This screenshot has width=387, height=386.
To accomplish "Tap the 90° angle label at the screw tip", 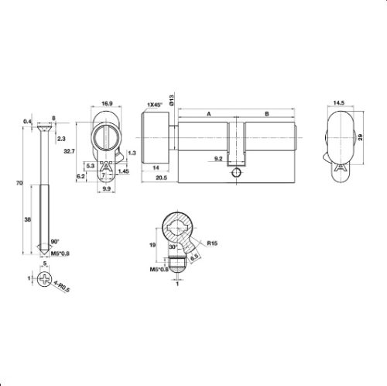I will tap(55, 242).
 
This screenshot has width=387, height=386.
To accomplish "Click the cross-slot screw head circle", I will tap(43, 277).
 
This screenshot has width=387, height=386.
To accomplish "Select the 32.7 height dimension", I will tap(69, 150).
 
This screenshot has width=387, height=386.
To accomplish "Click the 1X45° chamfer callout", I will tap(157, 103).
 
